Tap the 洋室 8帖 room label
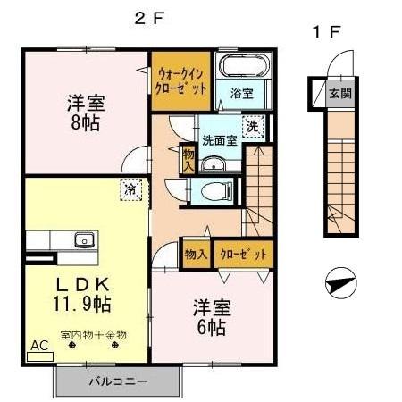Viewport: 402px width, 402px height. tap(86, 112)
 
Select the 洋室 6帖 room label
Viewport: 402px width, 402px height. tap(212, 317)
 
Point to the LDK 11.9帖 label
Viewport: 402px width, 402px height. tap(84, 294)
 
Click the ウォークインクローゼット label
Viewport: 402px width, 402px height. tap(181, 82)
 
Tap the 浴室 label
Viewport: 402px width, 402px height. tap(241, 92)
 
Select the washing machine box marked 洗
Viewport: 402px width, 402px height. tap(254, 127)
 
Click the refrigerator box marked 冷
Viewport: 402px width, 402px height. tap(130, 189)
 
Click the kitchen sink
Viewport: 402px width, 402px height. tap(83, 239)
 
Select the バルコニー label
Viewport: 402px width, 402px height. tap(118, 381)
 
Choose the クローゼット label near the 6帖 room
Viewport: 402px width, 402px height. tap(243, 254)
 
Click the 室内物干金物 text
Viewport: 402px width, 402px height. tap(94, 335)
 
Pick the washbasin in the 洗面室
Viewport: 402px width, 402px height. tap(214, 163)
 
